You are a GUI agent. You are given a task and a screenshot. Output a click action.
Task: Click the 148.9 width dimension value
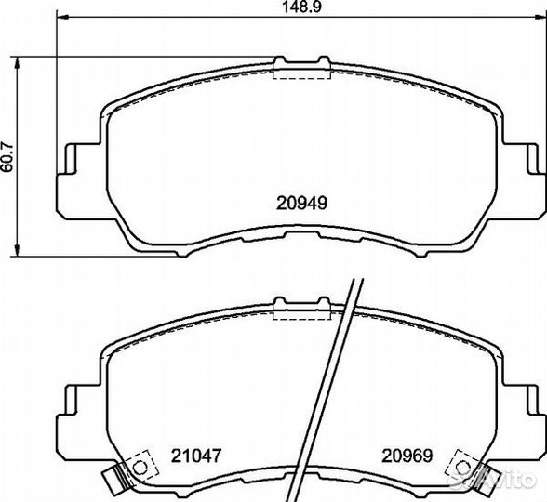[301, 7]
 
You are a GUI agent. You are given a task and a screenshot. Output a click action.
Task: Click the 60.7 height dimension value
[7, 157]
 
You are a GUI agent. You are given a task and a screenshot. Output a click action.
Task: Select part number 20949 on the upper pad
[301, 203]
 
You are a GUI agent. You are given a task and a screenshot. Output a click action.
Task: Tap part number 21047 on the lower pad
[196, 456]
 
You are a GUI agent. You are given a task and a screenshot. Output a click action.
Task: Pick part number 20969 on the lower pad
[407, 456]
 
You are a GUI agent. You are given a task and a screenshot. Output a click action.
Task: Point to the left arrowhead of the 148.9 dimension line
[62, 17]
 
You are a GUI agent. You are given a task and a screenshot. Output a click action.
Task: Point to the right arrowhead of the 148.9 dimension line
[540, 17]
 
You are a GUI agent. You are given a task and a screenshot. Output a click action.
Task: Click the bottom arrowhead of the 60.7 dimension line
[16, 251]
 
